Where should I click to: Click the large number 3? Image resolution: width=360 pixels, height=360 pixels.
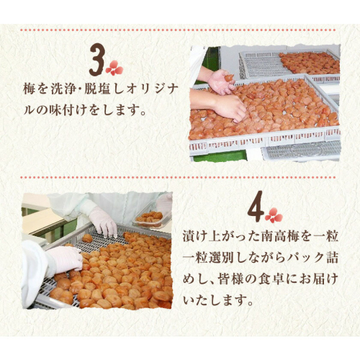tap(97, 60)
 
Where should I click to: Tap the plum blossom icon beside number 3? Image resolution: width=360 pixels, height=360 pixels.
tap(114, 68)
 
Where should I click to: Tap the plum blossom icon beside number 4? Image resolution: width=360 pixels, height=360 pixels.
tap(274, 215)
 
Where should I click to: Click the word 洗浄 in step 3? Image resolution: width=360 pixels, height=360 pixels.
tap(63, 90)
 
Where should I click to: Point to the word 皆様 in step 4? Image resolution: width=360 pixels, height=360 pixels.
tap(230, 279)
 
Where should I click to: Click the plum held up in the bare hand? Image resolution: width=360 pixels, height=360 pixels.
tap(229, 78)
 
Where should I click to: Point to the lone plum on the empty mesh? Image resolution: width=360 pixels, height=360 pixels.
tap(87, 238)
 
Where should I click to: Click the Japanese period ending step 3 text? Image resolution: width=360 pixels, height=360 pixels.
tap(143, 113)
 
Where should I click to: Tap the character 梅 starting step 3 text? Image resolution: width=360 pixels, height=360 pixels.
tap(30, 90)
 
